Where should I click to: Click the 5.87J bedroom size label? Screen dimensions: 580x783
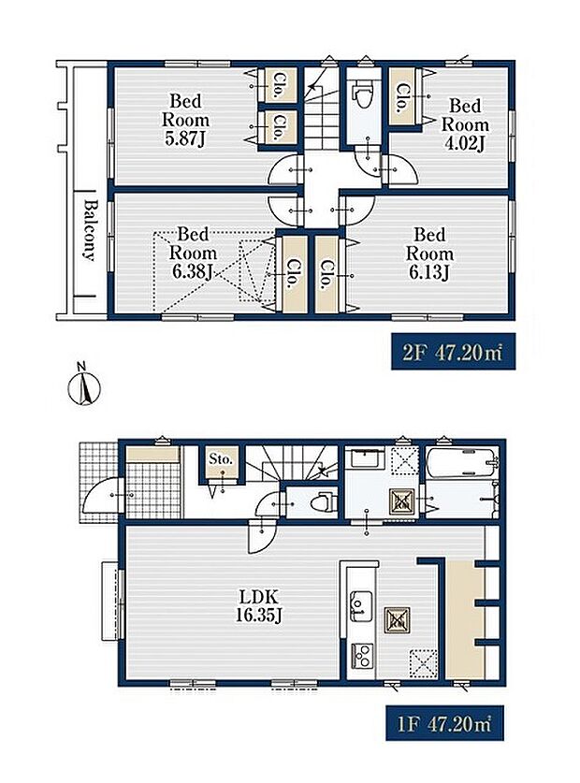point(185,139)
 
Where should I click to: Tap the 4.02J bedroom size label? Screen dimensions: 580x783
point(465,143)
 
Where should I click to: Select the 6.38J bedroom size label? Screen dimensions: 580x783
point(193,272)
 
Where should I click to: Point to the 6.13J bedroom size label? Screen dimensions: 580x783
point(429,272)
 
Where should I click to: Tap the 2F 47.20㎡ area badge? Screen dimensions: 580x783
point(453,351)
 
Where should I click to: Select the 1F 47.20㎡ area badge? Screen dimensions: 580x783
point(444,722)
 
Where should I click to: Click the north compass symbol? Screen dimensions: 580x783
point(84,386)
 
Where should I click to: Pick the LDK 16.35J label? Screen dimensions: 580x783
point(258,605)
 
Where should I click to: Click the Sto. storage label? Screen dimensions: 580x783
point(221,459)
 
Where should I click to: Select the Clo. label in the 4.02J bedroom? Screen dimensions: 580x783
point(401,97)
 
